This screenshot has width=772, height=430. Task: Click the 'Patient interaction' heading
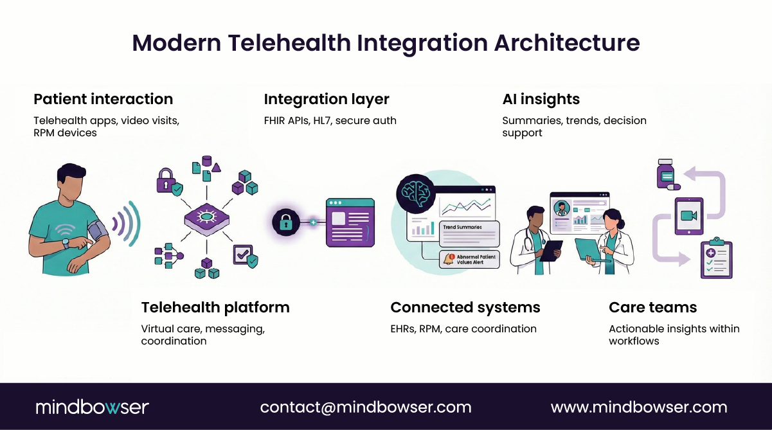tap(103, 99)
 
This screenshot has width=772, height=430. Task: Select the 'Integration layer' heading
tap(327, 99)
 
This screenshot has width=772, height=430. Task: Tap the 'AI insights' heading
tap(541, 99)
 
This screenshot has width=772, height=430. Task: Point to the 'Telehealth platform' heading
tap(215, 307)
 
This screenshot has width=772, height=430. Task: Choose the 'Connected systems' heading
tap(465, 307)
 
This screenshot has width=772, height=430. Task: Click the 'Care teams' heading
tap(652, 307)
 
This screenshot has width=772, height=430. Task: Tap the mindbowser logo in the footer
tap(92, 407)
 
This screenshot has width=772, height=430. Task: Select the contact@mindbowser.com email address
tap(365, 407)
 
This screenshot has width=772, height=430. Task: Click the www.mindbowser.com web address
tap(638, 407)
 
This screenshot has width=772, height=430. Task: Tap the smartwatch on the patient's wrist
tap(65, 243)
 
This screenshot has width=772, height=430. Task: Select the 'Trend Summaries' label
tap(462, 228)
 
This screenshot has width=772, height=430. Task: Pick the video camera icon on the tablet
tap(688, 216)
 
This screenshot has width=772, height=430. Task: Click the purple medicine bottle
tap(665, 174)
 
